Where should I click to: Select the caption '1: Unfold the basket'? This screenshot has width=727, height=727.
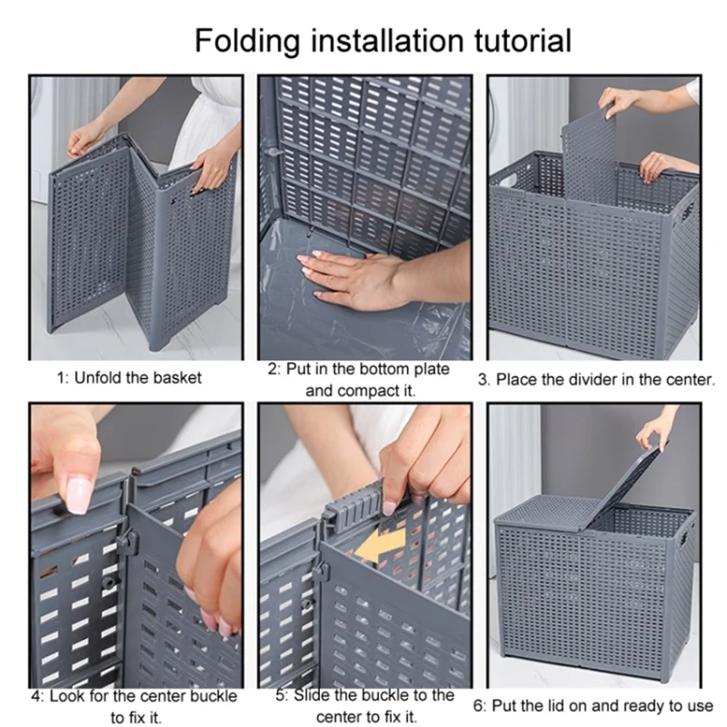click(x=130, y=377)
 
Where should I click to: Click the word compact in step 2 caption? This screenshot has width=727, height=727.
click(x=357, y=392)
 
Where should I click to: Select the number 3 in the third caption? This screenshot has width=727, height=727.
click(x=483, y=380)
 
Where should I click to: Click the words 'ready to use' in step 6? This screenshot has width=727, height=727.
click(x=668, y=705)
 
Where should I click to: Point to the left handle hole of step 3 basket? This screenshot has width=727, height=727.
click(x=503, y=178)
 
